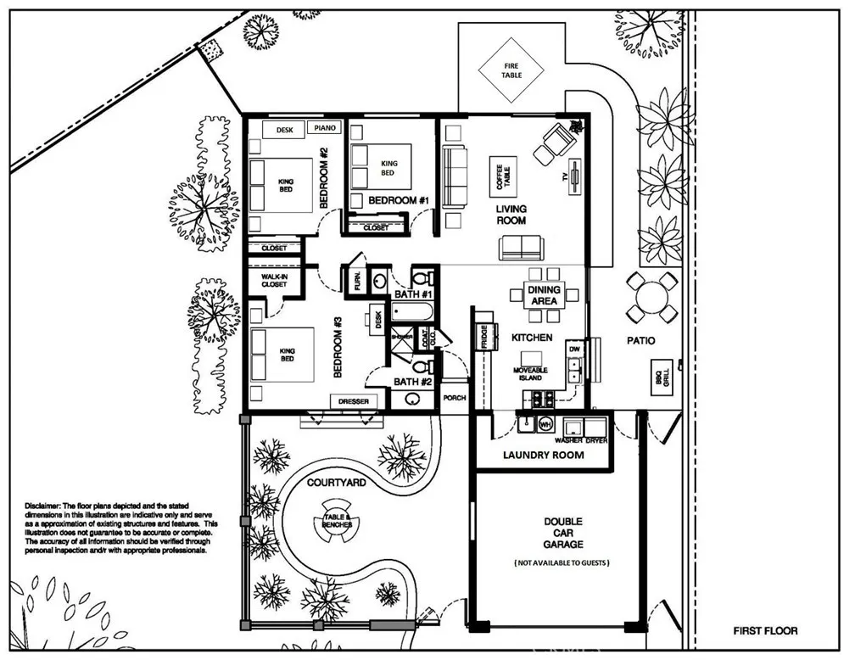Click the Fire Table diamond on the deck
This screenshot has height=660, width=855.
(x=511, y=70)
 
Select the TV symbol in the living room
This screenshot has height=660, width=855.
(x=574, y=178)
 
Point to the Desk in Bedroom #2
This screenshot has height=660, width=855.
(x=285, y=130)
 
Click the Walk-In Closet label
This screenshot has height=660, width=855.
(x=274, y=280)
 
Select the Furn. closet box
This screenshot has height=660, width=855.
(x=356, y=280)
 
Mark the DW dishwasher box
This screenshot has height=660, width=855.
(x=574, y=349)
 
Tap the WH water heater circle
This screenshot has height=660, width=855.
(x=546, y=423)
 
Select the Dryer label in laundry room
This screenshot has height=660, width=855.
(x=595, y=440)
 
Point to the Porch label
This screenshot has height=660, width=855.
(x=455, y=396)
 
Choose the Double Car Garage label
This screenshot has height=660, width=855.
(x=563, y=533)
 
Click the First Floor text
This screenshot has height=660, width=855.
(x=765, y=631)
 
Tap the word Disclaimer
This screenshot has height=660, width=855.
(x=44, y=506)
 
